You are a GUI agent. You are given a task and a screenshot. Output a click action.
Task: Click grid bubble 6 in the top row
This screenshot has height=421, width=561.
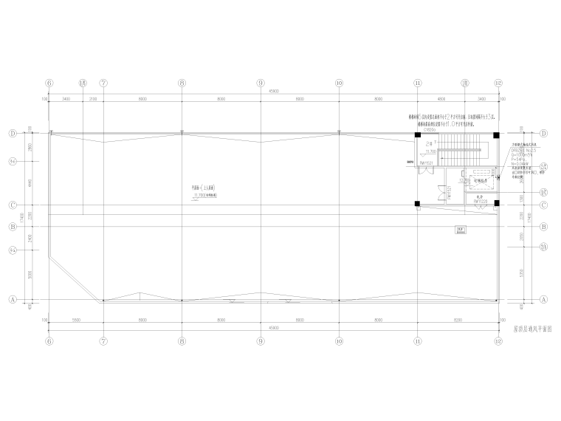[x=49, y=83]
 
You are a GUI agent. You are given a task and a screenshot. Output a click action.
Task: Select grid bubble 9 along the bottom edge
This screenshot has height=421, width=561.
[x=261, y=342]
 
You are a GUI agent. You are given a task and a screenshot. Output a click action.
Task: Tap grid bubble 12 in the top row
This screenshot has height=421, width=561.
[x=498, y=83]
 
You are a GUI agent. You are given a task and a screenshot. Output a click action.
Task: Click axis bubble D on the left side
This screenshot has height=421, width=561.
[x=13, y=134]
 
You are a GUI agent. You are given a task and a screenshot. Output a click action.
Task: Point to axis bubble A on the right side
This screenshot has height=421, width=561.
[x=544, y=300]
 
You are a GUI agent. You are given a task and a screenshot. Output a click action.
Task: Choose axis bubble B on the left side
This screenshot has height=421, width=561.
[x=13, y=227]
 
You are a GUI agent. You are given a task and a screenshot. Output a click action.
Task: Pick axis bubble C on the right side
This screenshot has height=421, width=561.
[x=544, y=205]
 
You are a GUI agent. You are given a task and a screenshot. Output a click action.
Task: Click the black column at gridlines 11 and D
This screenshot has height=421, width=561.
[x=418, y=134]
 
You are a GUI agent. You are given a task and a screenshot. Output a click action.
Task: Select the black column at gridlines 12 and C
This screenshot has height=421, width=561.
[x=497, y=204]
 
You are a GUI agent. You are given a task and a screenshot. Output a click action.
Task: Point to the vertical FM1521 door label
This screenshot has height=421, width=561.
[x=449, y=191]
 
